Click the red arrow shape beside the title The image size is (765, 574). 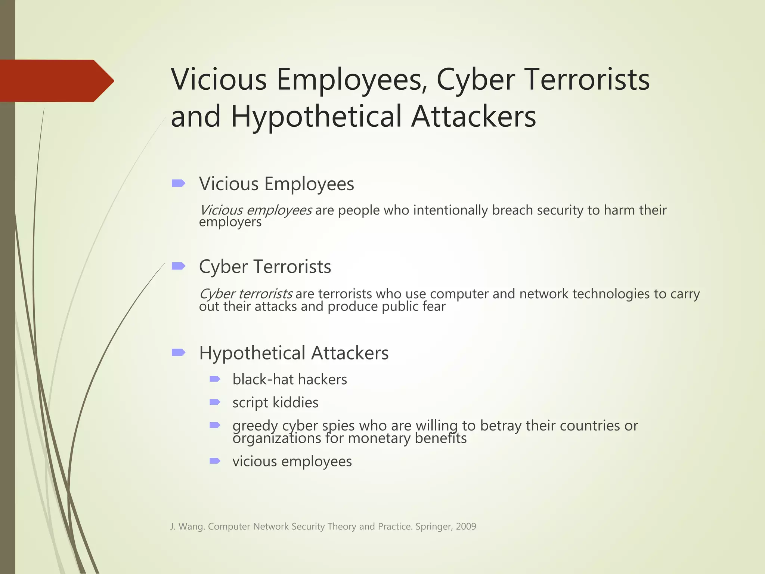tap(56, 81)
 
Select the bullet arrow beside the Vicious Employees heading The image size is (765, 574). tap(179, 183)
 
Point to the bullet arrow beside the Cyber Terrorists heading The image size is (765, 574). tap(179, 266)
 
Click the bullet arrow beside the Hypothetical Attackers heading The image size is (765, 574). tap(179, 352)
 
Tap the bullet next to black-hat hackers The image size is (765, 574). tap(215, 379)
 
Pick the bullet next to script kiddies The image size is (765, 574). tap(215, 402)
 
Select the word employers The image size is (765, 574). tap(230, 222)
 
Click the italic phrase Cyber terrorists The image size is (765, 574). tap(246, 294)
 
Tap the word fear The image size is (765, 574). tap(434, 307)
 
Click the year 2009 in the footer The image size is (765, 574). tap(466, 527)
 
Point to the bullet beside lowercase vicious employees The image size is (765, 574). tap(215, 461)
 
